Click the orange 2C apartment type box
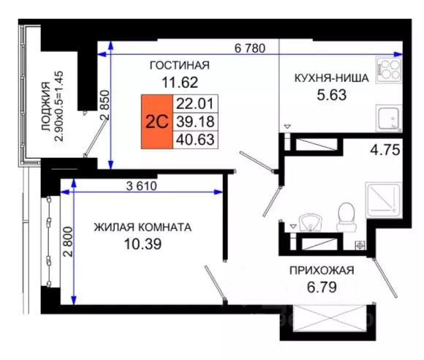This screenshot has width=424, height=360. [156, 121]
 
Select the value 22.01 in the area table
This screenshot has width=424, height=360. [194, 102]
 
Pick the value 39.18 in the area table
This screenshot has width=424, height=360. [194, 121]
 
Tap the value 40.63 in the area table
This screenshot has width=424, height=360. [194, 138]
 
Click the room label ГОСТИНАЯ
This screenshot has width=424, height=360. [179, 65]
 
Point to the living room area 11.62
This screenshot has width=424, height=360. [179, 82]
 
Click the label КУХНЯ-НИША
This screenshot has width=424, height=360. [330, 77]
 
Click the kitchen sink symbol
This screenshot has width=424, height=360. [387, 117]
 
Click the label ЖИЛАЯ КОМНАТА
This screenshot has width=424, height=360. [143, 227]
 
